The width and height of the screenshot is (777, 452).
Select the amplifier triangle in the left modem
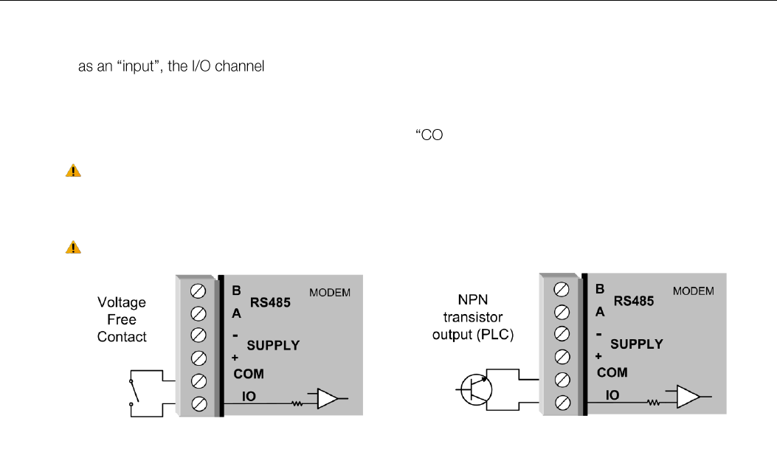click(x=326, y=399)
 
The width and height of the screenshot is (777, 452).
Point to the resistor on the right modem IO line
click(x=653, y=403)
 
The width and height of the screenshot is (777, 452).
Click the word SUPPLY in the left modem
click(x=274, y=345)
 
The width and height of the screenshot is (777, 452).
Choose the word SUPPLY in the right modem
click(x=637, y=344)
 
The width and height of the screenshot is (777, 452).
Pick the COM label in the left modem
click(x=249, y=374)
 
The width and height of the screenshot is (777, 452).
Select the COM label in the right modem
click(x=612, y=373)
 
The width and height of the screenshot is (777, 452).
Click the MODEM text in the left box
click(x=330, y=293)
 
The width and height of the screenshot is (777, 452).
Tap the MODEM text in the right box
click(x=694, y=291)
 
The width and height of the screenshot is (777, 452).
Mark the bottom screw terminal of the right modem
click(x=561, y=402)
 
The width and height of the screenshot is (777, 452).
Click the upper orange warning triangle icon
click(x=73, y=171)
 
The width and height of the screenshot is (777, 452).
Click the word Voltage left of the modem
click(x=122, y=303)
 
